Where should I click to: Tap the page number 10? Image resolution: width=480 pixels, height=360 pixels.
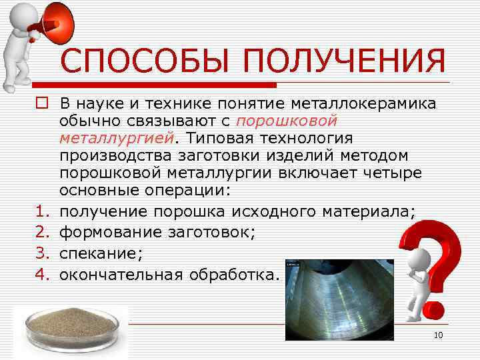(438, 335)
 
